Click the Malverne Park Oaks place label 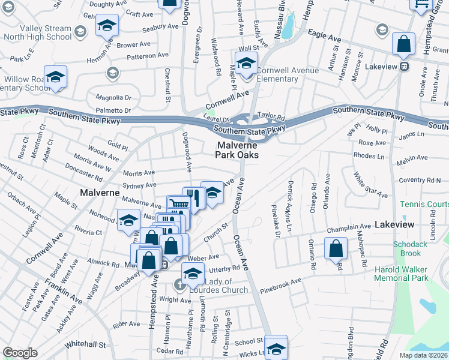pyautogui.click(x=237, y=150)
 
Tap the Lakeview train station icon pyautogui.click(x=405, y=66)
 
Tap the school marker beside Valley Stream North pyautogui.click(x=107, y=26)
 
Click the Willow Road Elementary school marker pyautogui.click(x=56, y=77)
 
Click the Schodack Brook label pyautogui.click(x=410, y=248)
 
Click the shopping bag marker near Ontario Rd pyautogui.click(x=336, y=248)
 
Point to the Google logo pyautogui.click(x=20, y=353)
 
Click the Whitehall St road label pyautogui.click(x=85, y=345)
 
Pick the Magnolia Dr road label pyautogui.click(x=112, y=97)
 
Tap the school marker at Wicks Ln pyautogui.click(x=276, y=348)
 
